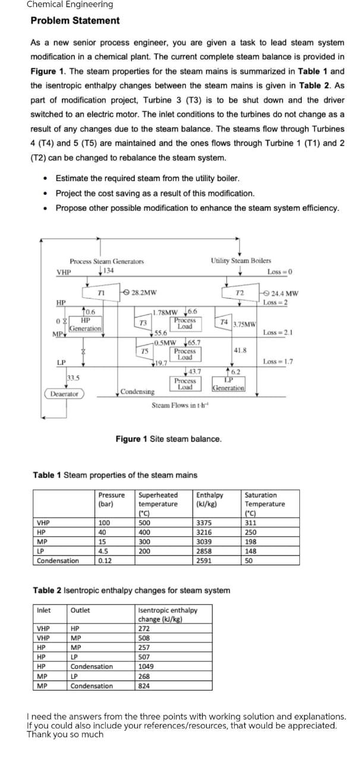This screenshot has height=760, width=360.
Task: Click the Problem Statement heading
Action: click(x=75, y=21)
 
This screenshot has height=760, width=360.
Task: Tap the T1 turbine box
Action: click(x=102, y=292)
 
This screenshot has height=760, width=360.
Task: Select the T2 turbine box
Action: click(x=240, y=293)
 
